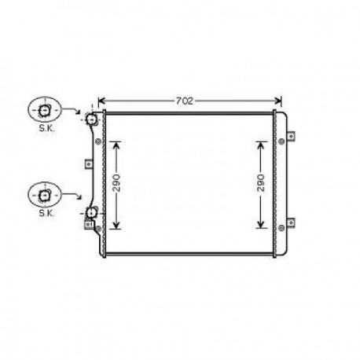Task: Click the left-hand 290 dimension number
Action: [x=116, y=184]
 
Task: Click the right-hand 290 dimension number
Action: [x=260, y=184]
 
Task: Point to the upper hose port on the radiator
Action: [x=90, y=119]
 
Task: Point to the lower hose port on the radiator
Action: [x=91, y=214]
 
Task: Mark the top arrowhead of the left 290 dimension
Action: [x=116, y=145]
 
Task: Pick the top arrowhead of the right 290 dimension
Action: [x=260, y=145]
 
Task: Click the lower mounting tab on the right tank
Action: [x=291, y=224]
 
